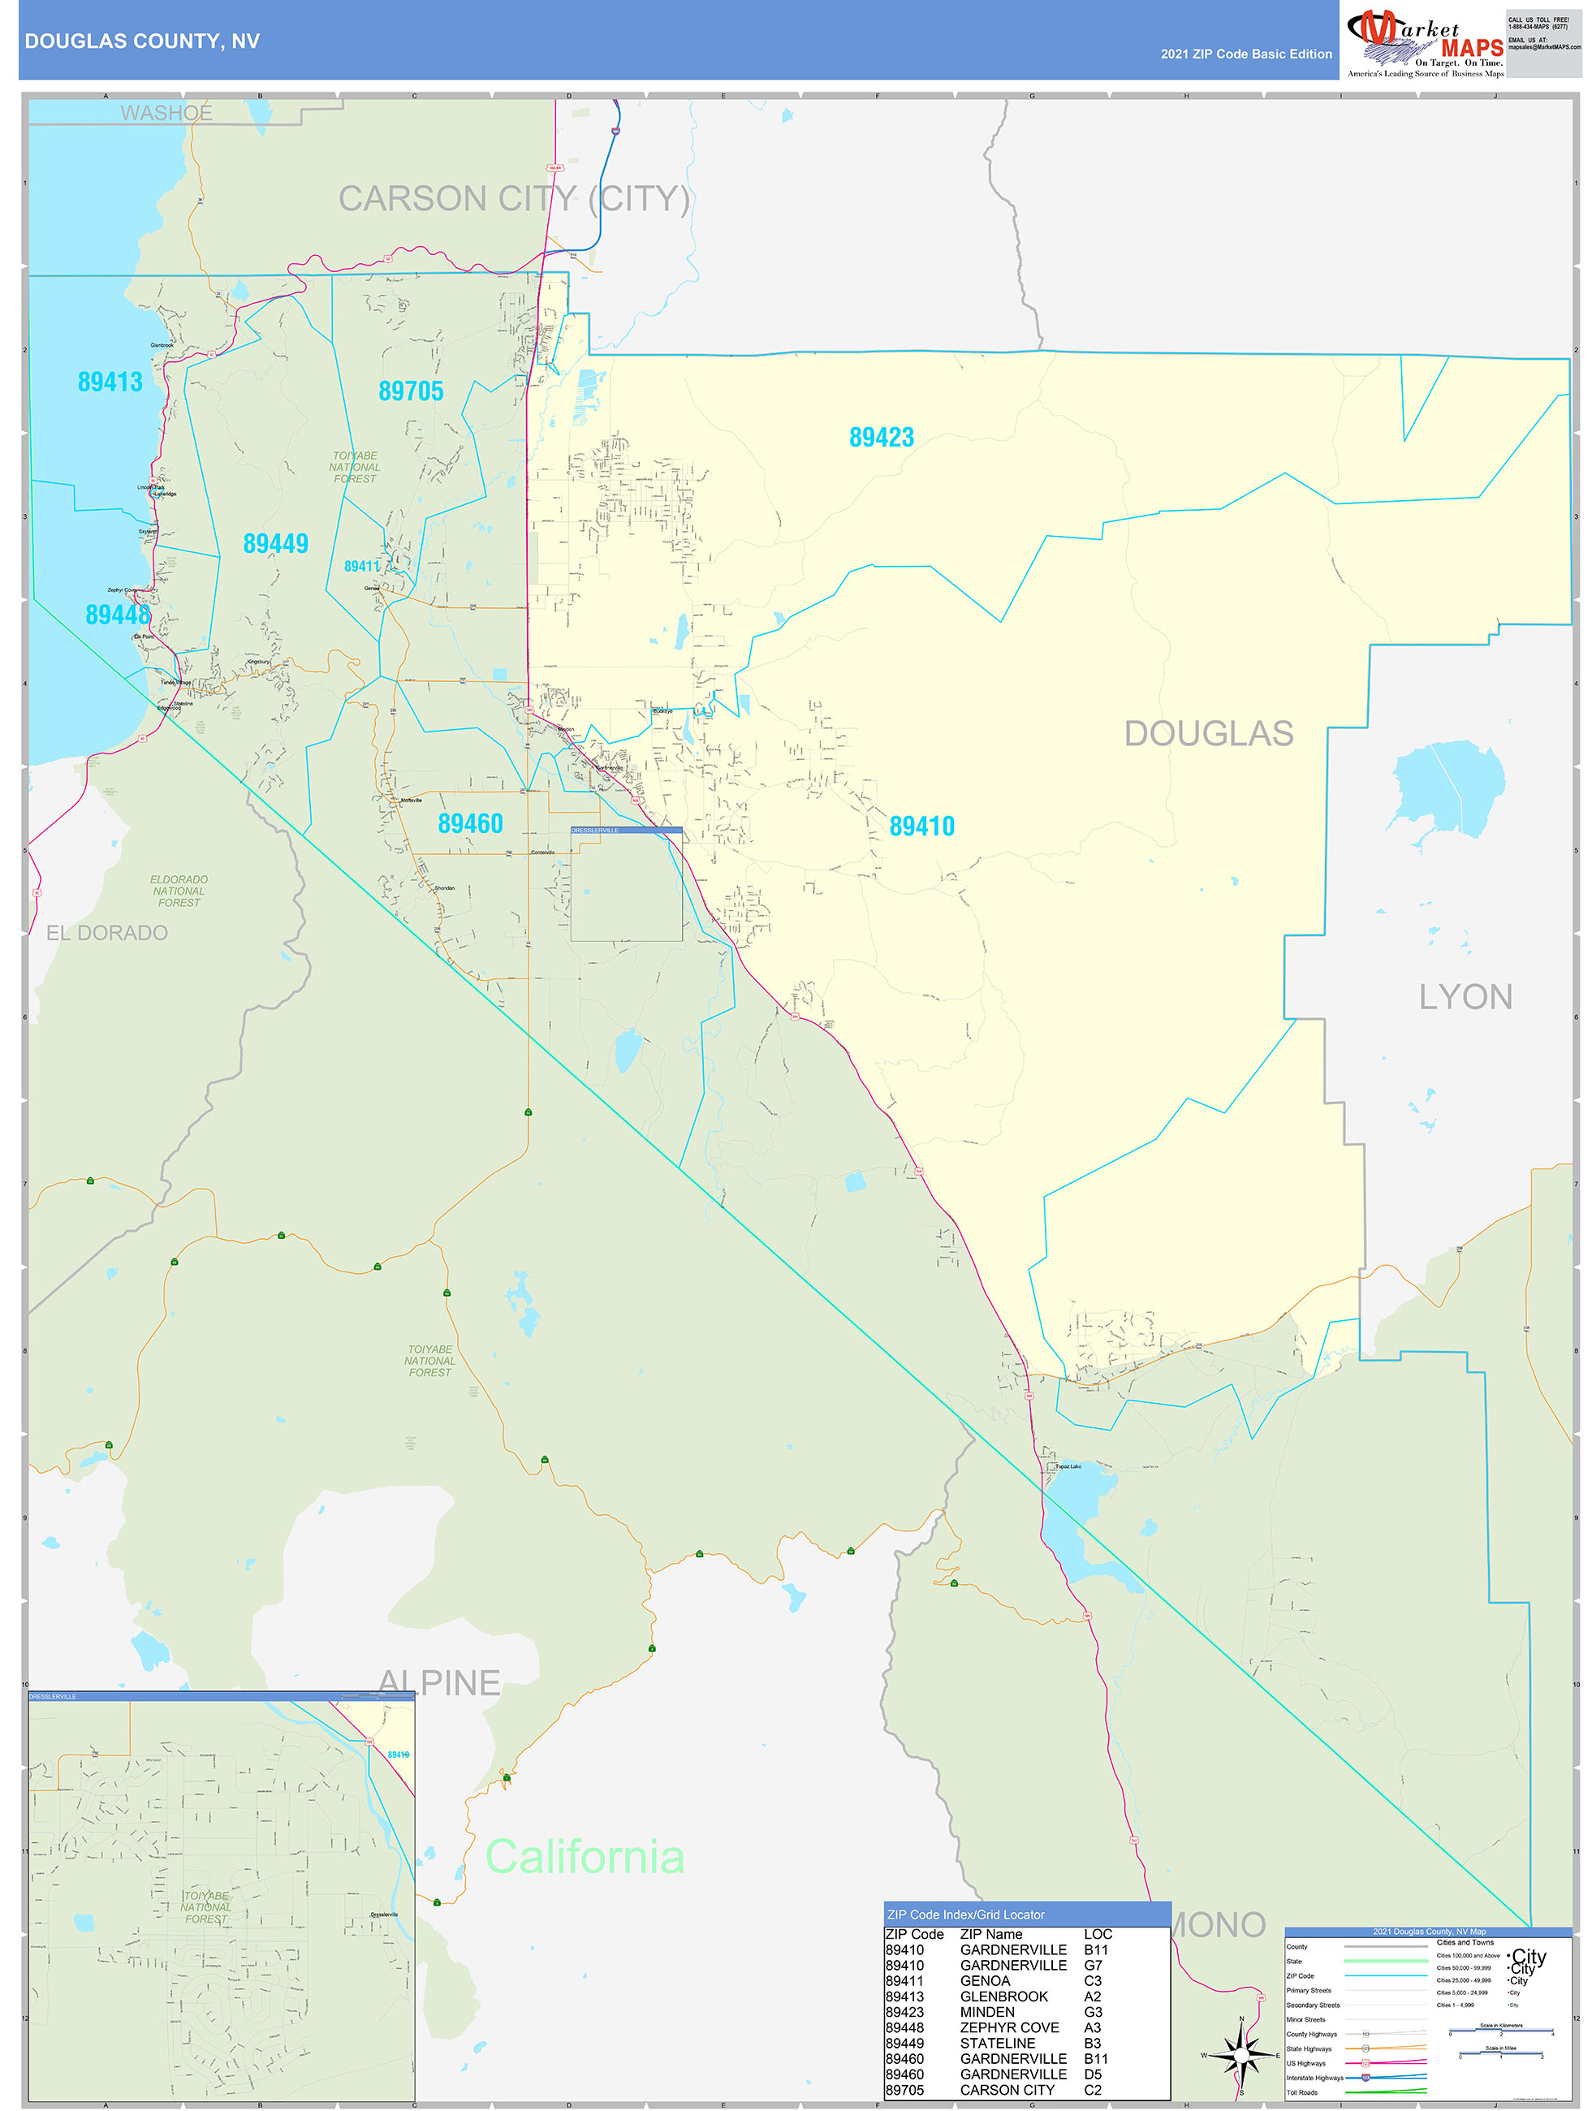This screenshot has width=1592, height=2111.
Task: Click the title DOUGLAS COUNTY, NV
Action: [142, 41]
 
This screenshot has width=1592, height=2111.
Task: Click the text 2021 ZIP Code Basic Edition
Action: [1245, 54]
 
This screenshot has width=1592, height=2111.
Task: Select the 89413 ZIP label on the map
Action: [110, 382]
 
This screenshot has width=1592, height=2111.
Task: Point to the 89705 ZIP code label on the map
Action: [411, 391]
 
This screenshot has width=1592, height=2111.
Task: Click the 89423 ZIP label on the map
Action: [881, 438]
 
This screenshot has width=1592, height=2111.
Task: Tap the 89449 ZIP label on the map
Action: [275, 544]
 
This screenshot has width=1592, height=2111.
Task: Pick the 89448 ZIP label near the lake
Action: [118, 615]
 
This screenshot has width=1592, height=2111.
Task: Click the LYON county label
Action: [1465, 997]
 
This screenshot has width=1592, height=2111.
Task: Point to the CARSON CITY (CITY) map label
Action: [514, 198]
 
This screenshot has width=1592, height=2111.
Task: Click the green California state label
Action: [585, 1856]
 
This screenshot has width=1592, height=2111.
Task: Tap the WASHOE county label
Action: [166, 114]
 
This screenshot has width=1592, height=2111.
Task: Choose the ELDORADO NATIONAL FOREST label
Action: [179, 891]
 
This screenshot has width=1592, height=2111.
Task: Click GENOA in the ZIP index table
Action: [984, 1981]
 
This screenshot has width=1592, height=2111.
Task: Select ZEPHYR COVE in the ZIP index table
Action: [1009, 2028]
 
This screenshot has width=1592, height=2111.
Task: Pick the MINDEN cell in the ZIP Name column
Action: [987, 2013]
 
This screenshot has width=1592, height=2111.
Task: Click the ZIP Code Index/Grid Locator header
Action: [965, 1915]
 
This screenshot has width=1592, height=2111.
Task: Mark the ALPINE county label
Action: [439, 1681]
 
